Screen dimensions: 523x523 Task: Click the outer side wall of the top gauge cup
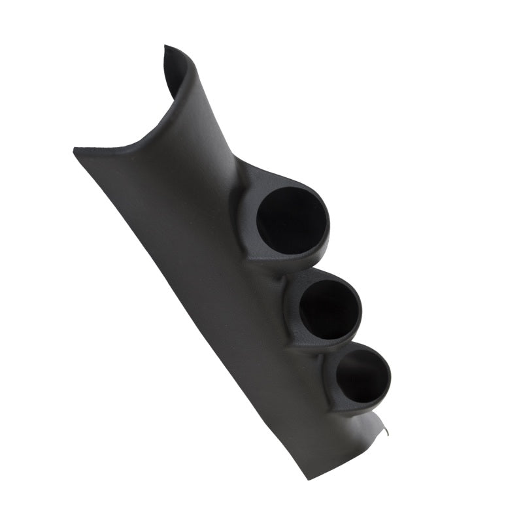click(x=252, y=242)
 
